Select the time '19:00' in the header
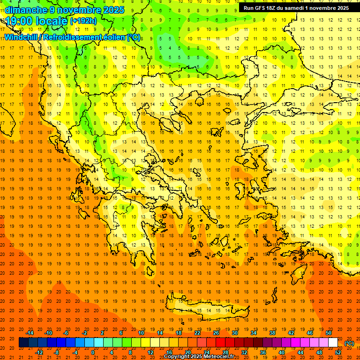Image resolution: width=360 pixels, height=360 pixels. tap(21, 22)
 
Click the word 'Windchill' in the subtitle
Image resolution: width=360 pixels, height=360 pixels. tap(22, 37)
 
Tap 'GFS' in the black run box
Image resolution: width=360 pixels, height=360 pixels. tap(263, 8)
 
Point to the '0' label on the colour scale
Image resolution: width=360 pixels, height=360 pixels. tap(93, 352)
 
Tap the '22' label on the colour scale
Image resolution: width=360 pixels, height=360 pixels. tap(197, 333)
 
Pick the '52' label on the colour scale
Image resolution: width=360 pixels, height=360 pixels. tap(338, 352)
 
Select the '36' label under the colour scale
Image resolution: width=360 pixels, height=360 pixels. tap(263, 352)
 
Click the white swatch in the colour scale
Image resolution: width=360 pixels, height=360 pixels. tap(333, 343)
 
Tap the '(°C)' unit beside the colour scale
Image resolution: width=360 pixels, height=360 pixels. tap(349, 343)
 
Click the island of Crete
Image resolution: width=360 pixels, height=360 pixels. tap(211, 309)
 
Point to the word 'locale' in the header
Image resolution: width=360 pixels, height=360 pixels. tap(53, 22)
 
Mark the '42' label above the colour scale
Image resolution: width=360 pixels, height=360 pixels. tap(291, 333)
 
